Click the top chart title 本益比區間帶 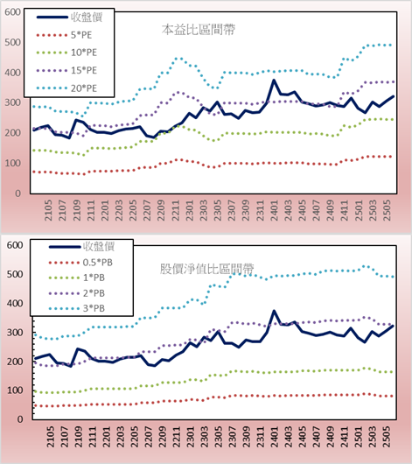(x=199, y=30)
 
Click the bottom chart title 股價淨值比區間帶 (x=206, y=269)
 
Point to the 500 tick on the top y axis (x=12, y=42)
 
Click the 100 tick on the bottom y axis (x=15, y=390)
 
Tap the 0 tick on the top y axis (x=18, y=193)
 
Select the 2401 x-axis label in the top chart (x=275, y=210)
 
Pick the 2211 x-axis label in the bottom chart (x=177, y=437)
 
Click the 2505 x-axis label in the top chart (x=387, y=210)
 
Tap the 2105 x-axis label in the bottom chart (x=51, y=437)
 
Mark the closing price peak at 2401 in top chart (x=274, y=80)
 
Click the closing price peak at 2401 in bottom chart (x=274, y=311)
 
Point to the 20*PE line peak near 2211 (x=178, y=59)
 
